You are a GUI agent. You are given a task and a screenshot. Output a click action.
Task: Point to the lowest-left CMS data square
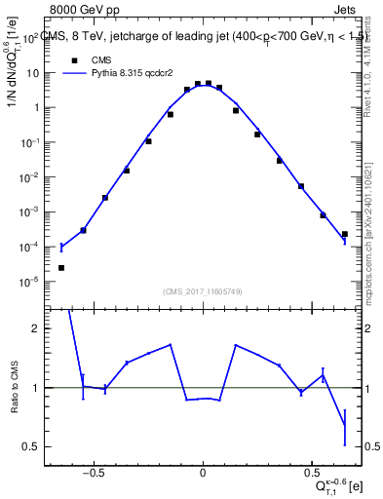click(61, 268)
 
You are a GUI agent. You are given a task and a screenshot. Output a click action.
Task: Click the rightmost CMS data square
click(345, 234)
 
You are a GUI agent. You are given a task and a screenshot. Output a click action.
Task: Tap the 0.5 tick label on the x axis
click(313, 479)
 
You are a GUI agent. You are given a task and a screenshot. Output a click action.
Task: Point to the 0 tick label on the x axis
click(203, 479)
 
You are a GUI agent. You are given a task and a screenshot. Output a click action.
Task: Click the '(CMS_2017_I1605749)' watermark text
click(202, 291)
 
